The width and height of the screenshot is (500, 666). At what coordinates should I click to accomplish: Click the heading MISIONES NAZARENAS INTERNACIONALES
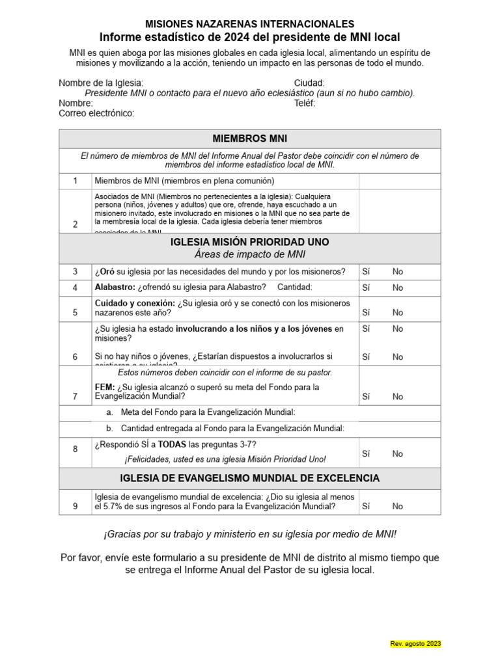click(x=250, y=24)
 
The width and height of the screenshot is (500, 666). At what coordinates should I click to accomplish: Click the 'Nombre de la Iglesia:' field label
click(x=101, y=83)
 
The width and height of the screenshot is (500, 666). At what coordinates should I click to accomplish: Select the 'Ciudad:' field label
click(x=309, y=83)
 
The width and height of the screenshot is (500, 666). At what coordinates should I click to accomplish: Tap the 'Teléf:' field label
click(x=305, y=103)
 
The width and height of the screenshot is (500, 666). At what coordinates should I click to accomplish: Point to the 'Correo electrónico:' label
click(x=96, y=113)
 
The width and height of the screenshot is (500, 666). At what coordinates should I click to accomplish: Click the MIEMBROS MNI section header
click(x=250, y=139)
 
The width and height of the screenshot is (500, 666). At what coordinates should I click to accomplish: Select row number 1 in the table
click(x=76, y=181)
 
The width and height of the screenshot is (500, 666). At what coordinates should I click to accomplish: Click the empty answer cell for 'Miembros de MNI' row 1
click(x=399, y=181)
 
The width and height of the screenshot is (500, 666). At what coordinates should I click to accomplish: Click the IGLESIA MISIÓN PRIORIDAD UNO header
click(x=250, y=242)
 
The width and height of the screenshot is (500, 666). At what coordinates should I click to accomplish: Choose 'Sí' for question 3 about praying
click(x=366, y=272)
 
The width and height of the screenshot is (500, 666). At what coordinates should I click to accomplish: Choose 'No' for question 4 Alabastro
click(x=398, y=287)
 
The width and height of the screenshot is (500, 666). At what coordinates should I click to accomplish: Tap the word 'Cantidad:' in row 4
click(x=295, y=287)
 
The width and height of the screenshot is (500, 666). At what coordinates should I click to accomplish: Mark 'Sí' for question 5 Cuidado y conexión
click(x=366, y=312)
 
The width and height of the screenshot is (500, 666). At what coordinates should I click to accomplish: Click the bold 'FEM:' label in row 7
click(x=105, y=387)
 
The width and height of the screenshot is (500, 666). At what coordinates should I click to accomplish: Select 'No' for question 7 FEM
click(x=398, y=396)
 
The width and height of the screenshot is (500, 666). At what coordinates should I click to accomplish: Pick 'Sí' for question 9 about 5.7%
click(x=366, y=506)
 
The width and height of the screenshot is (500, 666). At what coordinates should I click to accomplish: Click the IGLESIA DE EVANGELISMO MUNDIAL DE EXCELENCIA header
click(x=250, y=478)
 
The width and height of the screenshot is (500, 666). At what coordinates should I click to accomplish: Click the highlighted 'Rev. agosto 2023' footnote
click(x=415, y=643)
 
